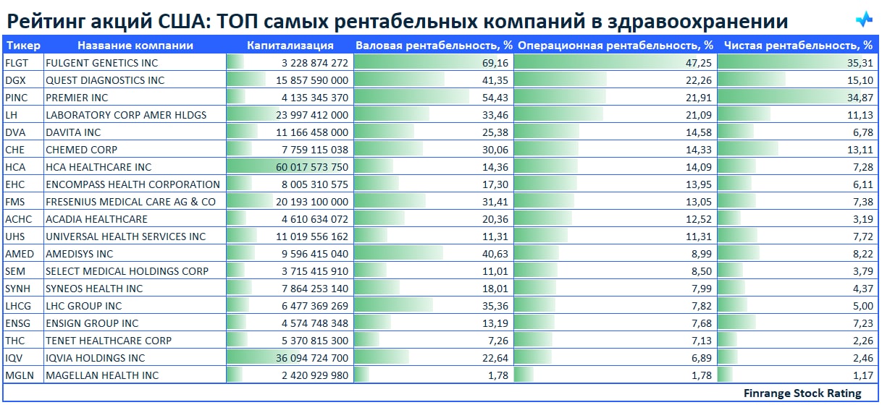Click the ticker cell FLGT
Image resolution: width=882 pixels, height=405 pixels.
pos(17,63)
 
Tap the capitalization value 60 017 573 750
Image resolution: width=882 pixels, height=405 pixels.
pos(312,167)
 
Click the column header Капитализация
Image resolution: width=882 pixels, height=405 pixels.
pos(290,46)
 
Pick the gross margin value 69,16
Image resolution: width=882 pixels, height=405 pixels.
pos(495,63)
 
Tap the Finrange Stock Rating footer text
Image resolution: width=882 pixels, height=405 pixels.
pos(802,393)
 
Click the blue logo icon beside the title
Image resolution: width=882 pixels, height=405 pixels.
pos(864,20)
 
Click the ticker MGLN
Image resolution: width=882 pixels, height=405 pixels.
pos(20,375)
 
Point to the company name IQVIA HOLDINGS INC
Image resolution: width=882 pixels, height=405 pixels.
pos(95,358)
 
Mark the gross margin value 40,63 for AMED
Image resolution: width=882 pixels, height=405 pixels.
pos(495,254)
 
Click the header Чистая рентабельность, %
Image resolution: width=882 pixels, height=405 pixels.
pos(798,46)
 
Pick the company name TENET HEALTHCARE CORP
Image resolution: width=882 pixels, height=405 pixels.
pos(109,341)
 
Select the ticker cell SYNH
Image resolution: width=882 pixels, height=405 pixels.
pos(18,289)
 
